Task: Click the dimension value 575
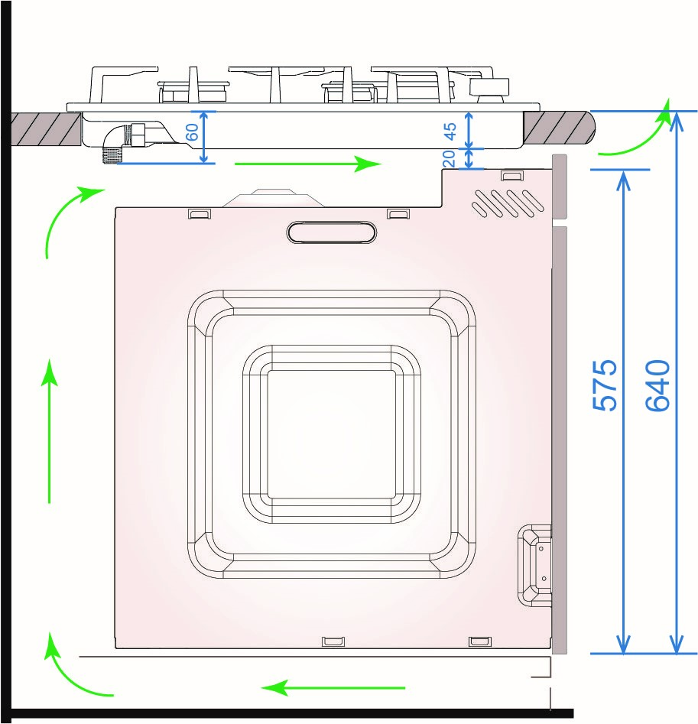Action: tap(605, 385)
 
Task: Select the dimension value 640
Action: tap(657, 385)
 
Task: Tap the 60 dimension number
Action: tap(192, 132)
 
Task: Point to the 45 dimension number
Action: tap(450, 131)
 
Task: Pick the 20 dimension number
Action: tap(449, 158)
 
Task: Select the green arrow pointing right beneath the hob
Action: tap(308, 164)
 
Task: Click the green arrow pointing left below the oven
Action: tap(333, 687)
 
